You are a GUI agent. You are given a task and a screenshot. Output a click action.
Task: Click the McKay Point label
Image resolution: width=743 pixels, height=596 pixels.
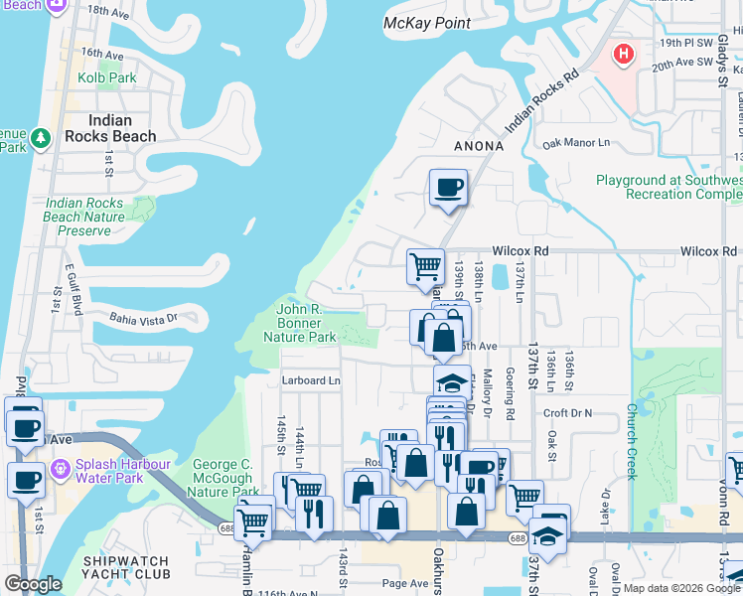(426, 22)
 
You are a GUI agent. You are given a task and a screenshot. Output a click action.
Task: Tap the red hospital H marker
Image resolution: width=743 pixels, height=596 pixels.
(623, 54)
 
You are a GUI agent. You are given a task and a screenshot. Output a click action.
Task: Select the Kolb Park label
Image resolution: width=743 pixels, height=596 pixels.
(109, 77)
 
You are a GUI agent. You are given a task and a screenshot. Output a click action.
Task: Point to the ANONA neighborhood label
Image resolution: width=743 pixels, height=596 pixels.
(479, 146)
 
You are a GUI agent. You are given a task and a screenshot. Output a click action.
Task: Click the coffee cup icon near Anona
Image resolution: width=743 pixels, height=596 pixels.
(448, 186)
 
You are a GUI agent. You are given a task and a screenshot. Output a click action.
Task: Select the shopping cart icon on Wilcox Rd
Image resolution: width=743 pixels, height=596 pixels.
(425, 265)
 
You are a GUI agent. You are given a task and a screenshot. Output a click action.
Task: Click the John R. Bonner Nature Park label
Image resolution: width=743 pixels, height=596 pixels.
(300, 323)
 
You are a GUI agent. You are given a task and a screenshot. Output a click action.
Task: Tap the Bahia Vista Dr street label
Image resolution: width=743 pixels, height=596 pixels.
(143, 318)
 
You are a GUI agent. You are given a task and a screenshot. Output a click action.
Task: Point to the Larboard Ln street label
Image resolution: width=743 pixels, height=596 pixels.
(312, 379)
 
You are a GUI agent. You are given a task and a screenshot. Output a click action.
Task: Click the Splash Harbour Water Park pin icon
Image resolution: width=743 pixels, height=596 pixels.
(61, 467)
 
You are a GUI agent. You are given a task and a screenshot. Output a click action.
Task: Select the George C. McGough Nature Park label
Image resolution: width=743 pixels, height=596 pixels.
(223, 478)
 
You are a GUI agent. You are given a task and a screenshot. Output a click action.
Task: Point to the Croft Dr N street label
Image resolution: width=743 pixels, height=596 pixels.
(567, 412)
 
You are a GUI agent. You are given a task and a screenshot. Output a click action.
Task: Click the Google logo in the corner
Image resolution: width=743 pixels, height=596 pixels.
(33, 584)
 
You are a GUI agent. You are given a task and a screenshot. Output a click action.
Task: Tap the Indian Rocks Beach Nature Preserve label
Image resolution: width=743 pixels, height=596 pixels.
(84, 217)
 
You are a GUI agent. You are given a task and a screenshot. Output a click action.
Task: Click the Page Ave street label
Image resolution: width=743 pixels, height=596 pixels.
(404, 583)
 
